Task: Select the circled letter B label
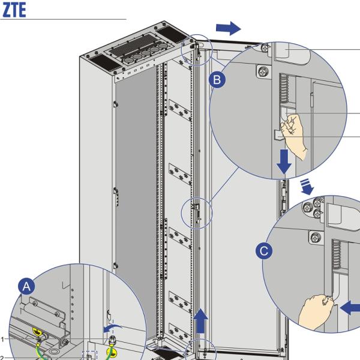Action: coord(218,80)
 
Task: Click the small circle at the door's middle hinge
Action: coord(196,212)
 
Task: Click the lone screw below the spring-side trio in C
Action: coord(313,236)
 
